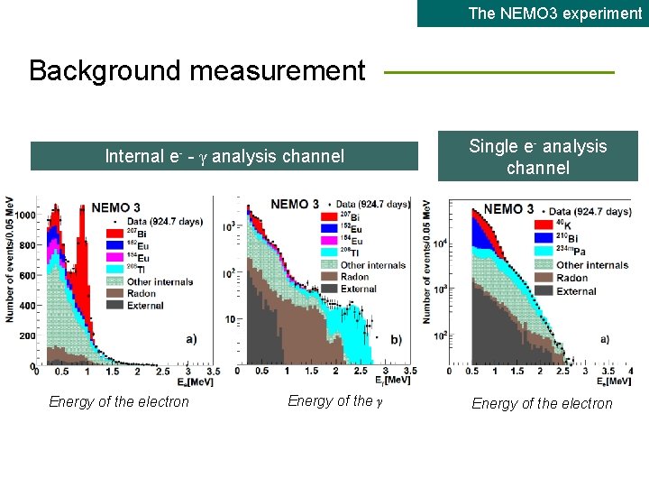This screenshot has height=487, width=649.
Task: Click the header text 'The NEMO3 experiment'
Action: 554,14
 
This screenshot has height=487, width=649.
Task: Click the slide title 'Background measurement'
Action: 197,70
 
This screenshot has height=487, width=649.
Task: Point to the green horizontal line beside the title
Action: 499,73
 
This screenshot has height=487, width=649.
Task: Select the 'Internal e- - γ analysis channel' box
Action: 224,156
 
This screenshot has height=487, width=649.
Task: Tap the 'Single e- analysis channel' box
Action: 538,157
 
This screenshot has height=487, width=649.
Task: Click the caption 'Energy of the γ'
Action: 335,401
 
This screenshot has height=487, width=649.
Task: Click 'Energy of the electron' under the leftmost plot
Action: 119,402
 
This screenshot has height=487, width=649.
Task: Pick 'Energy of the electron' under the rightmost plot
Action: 542,403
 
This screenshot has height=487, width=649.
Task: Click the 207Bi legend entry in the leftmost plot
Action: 123,234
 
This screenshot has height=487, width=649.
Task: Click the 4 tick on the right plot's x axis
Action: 630,371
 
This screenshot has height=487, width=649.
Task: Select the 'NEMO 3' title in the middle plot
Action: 294,204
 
